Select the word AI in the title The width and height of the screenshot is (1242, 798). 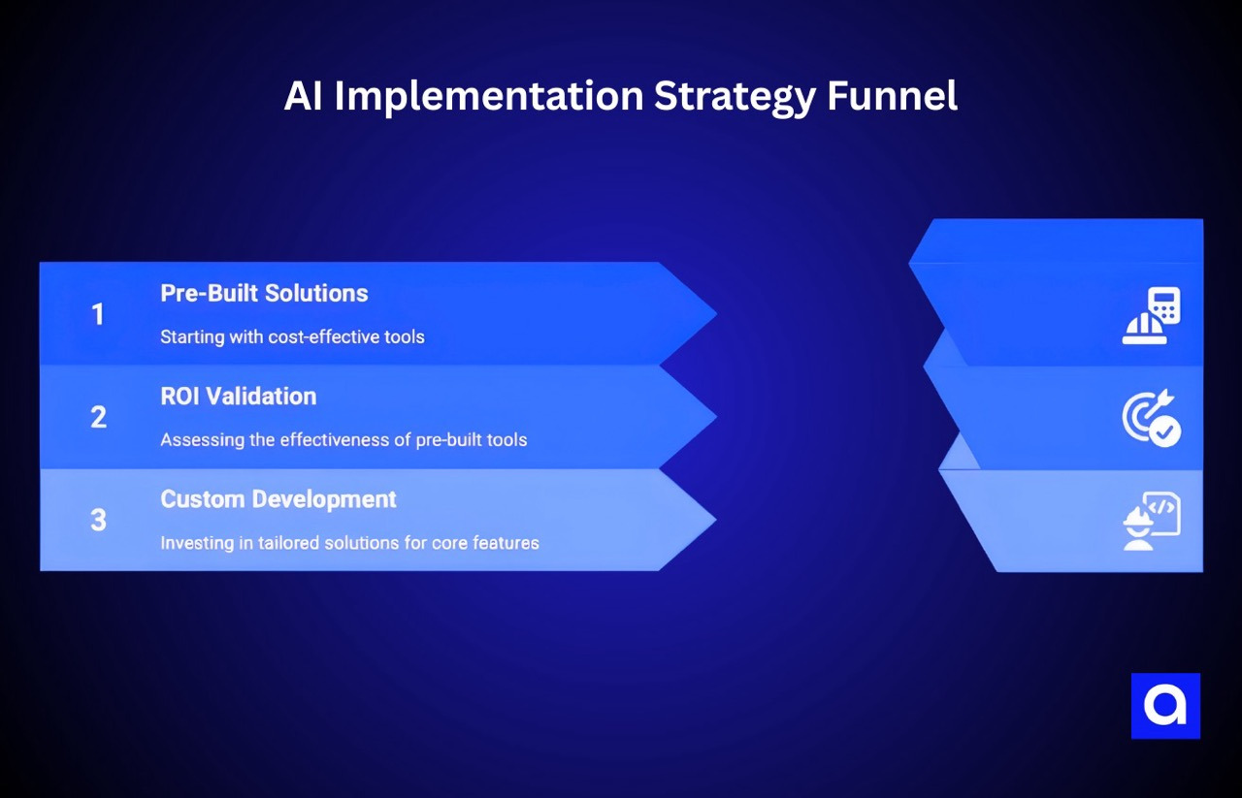click(x=304, y=96)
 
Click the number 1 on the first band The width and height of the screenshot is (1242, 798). click(x=97, y=314)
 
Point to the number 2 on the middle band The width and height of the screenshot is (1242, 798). click(x=98, y=417)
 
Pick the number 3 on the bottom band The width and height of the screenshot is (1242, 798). click(x=98, y=520)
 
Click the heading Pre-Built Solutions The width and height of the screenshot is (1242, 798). click(x=264, y=293)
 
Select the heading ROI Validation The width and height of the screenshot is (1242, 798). click(x=238, y=396)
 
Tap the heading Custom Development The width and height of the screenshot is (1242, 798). click(x=278, y=498)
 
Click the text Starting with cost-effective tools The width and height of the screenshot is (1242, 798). click(x=292, y=337)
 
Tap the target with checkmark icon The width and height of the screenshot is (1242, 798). click(x=1151, y=418)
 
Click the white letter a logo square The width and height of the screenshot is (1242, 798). click(x=1165, y=706)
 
